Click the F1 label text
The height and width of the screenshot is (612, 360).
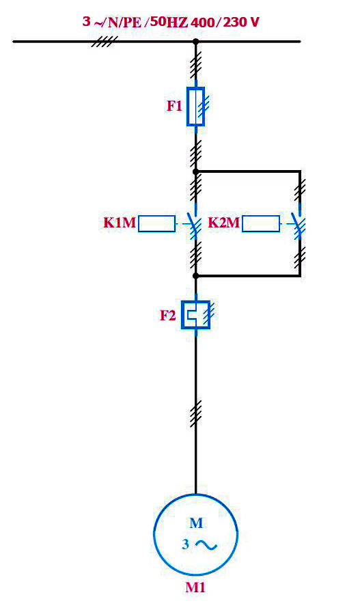[174, 106]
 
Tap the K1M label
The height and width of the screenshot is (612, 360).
[120, 223]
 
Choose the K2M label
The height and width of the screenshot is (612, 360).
[224, 223]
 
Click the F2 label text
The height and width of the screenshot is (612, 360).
[168, 316]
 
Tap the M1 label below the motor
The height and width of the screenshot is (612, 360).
[195, 587]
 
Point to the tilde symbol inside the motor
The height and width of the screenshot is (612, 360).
[206, 545]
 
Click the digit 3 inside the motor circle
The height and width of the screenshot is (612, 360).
[186, 544]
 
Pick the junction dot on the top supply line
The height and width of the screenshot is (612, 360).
[196, 42]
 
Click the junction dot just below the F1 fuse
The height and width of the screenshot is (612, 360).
[196, 171]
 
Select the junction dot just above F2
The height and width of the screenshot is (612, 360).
[196, 276]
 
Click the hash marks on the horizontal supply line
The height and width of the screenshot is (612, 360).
[105, 42]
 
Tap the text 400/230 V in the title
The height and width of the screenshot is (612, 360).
[225, 23]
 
